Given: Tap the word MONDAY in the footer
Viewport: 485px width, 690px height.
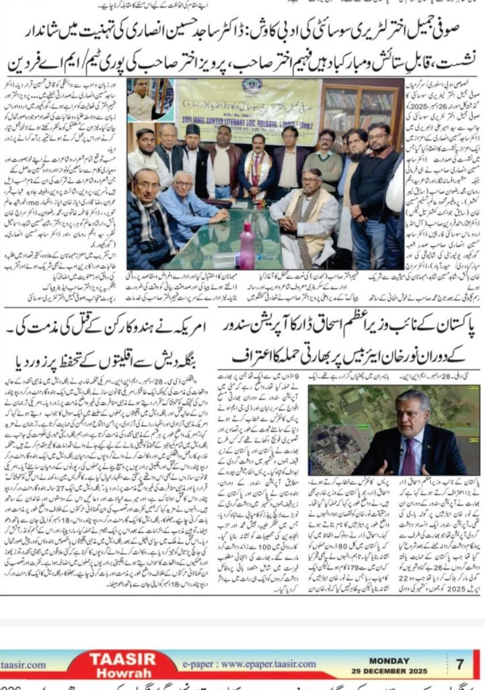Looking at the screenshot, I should [x=389, y=661].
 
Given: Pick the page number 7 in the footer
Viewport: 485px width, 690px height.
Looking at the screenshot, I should [x=460, y=665].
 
